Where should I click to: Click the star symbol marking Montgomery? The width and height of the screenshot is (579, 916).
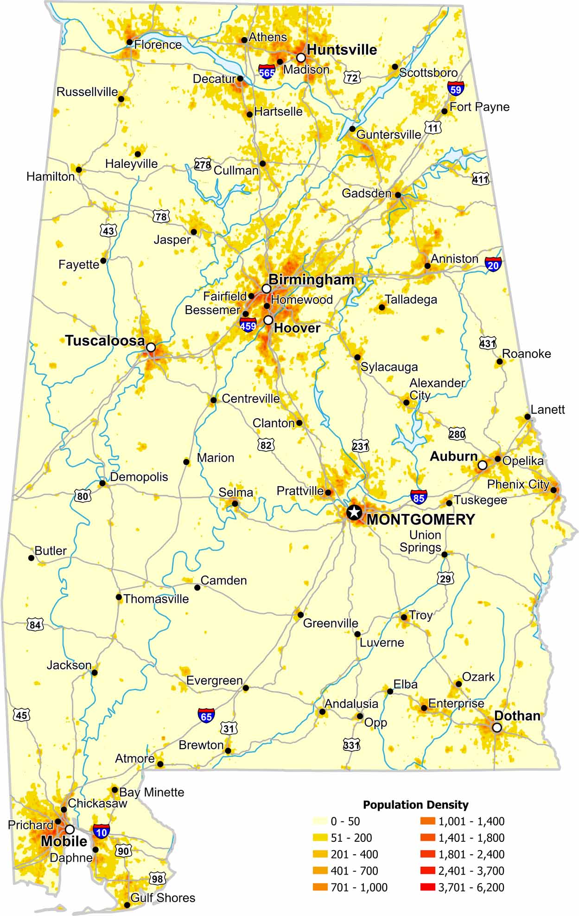(x=354, y=512)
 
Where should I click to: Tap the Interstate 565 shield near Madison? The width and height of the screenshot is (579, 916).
(x=267, y=71)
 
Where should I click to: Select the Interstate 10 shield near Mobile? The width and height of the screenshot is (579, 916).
(x=101, y=831)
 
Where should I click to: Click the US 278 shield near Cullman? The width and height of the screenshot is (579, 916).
(x=203, y=165)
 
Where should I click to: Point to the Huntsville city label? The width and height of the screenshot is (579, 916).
(x=342, y=50)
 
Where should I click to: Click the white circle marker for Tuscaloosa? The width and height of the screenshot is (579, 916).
(x=151, y=347)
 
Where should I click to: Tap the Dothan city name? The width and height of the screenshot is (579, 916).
(x=517, y=716)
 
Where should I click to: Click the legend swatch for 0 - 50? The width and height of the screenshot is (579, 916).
(x=319, y=821)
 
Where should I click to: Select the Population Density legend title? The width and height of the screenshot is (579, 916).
(x=415, y=805)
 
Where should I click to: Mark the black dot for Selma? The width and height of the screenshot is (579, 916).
(x=235, y=504)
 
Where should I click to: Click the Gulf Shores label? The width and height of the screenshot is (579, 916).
(x=163, y=898)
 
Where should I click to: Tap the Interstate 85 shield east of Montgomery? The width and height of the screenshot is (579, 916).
(x=419, y=497)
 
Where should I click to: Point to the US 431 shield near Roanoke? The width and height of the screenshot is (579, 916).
(x=488, y=343)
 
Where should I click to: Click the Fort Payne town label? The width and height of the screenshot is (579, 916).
(x=479, y=107)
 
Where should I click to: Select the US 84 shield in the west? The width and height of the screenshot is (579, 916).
(x=35, y=625)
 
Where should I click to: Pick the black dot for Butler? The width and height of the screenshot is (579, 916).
(x=32, y=558)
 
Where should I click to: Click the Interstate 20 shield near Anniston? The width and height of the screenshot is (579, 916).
(x=493, y=264)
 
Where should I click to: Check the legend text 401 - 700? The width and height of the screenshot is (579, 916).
(x=354, y=871)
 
